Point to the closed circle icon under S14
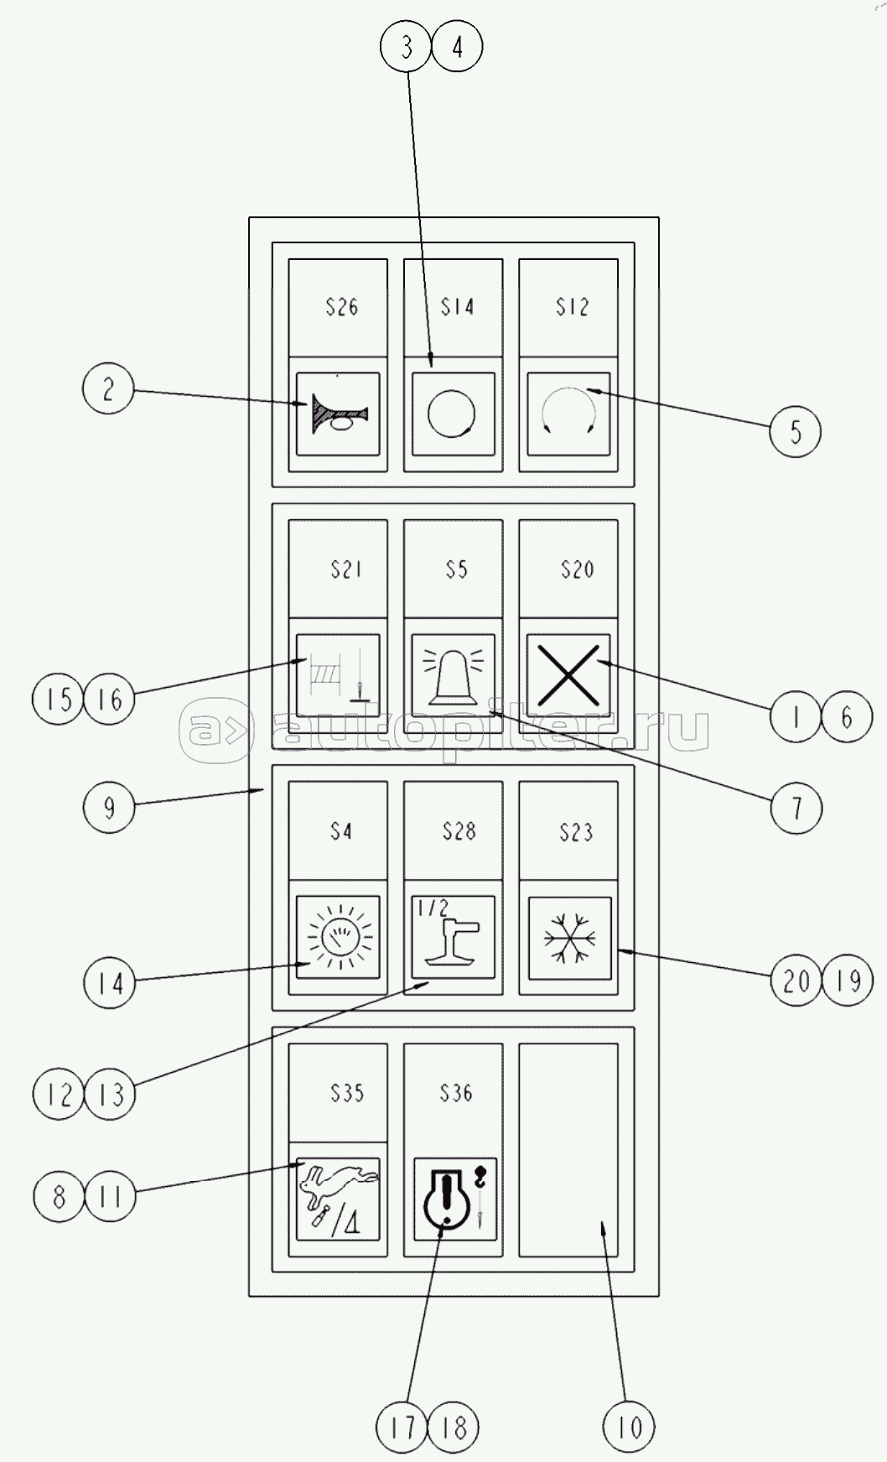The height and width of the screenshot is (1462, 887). point(451,414)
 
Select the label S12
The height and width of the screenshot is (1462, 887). point(573,307)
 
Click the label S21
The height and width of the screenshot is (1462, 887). point(345,570)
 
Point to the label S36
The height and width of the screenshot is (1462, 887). point(456,1093)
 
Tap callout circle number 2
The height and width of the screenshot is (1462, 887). point(108,389)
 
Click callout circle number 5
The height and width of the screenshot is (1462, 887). point(795,432)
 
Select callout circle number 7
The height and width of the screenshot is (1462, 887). point(796,809)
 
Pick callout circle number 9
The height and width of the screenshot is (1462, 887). point(108,807)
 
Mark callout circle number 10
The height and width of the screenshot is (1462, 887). point(629,1427)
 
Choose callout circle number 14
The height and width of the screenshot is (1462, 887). point(110,982)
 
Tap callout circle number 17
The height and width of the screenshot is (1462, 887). point(403,1427)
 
